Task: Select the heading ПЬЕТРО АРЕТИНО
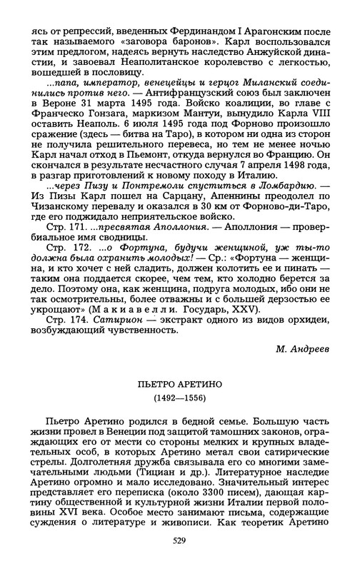179,385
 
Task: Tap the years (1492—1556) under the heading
179,398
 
